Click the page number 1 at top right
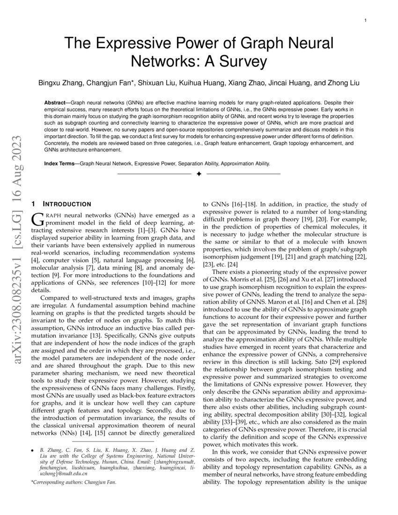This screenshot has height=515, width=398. [365, 21]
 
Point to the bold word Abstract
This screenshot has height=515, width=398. [57, 102]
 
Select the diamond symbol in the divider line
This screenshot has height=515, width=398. [199, 174]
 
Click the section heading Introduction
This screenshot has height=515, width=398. [66, 204]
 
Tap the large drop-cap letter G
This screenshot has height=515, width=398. [37, 219]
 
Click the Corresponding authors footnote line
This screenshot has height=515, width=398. [74, 482]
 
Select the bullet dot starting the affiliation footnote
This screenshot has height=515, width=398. [32, 449]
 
